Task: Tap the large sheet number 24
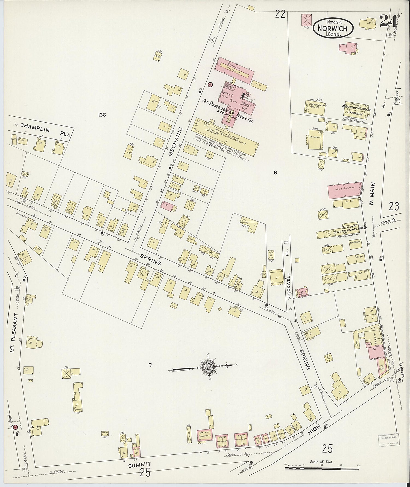click(x=388, y=21)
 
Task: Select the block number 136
click(x=102, y=115)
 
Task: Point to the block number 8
click(x=275, y=172)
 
